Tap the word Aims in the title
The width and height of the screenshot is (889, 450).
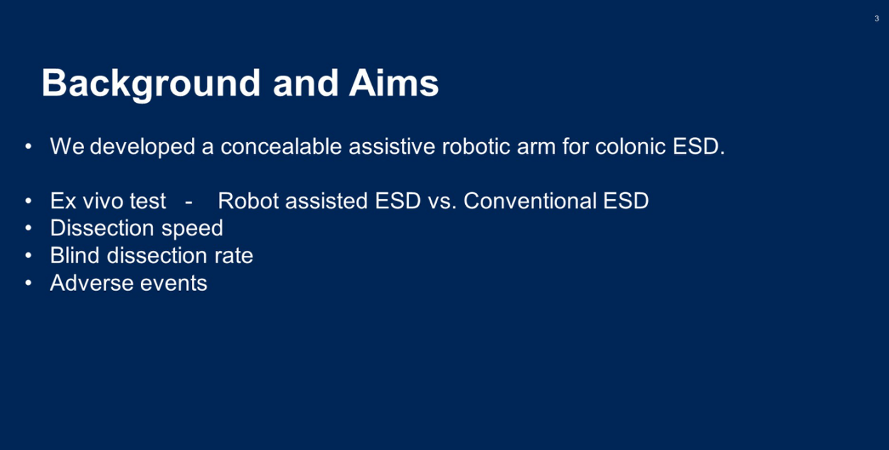(x=393, y=83)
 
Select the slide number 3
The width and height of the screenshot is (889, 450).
(x=877, y=19)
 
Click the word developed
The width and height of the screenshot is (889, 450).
(x=142, y=147)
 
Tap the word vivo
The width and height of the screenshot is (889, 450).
(x=100, y=200)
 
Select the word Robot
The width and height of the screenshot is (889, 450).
(x=248, y=200)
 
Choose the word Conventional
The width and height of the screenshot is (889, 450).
(x=530, y=200)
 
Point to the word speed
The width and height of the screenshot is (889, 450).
(x=192, y=229)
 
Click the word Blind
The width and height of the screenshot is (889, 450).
(x=74, y=255)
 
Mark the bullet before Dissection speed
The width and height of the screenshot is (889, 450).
(x=28, y=228)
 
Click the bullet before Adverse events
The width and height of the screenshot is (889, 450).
(x=28, y=283)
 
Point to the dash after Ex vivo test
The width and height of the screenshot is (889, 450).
(x=189, y=202)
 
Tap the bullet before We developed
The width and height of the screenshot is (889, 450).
(x=28, y=147)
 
